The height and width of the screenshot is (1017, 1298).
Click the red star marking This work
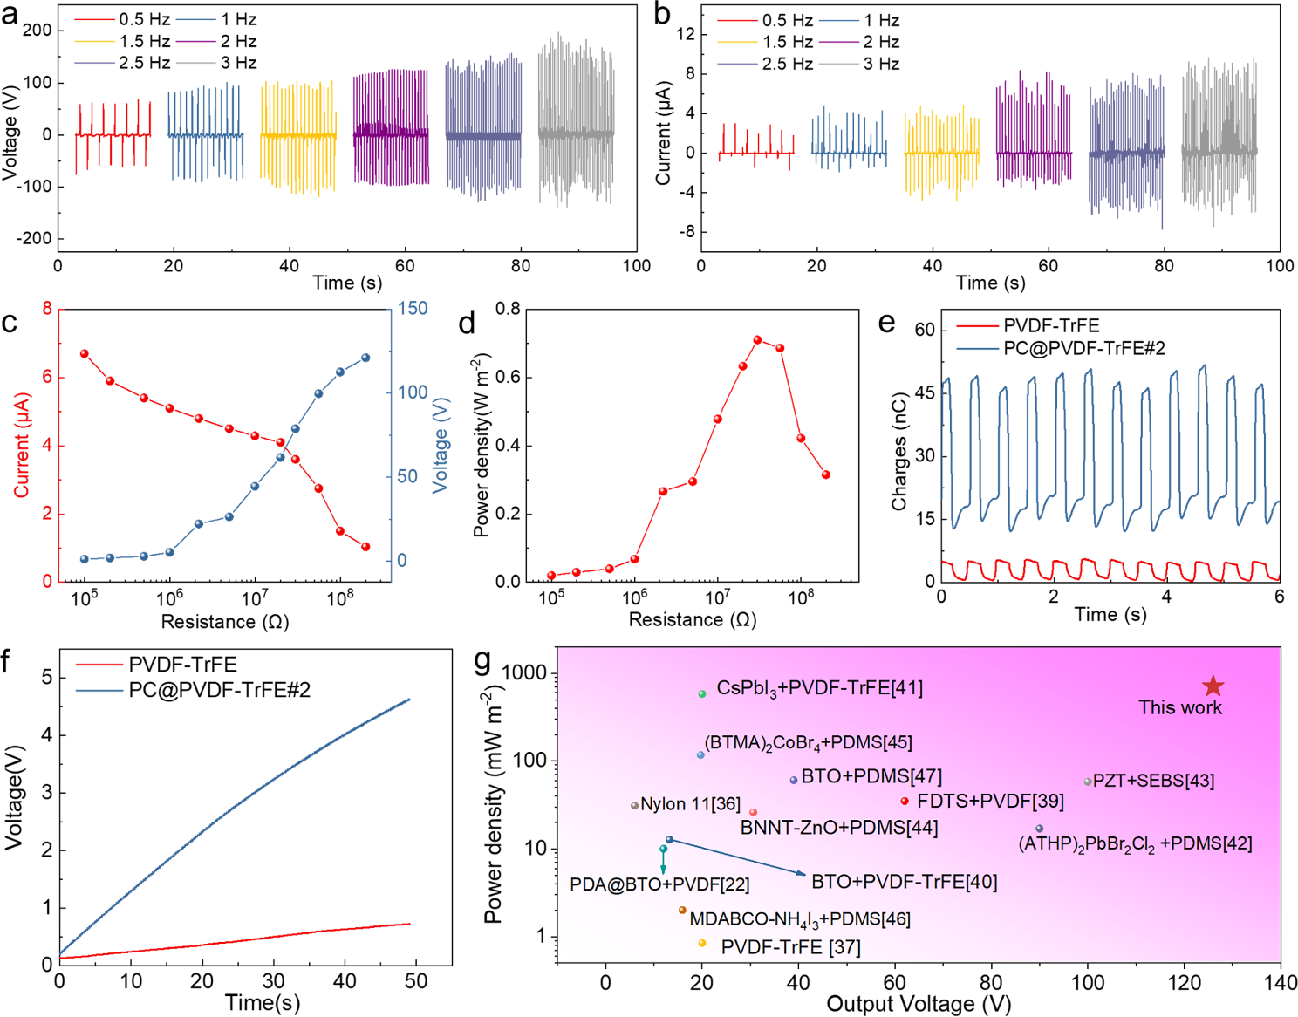point(1213,686)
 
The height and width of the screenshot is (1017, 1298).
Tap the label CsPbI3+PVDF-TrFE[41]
point(819,689)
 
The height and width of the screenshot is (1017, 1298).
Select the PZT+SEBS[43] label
point(1153,781)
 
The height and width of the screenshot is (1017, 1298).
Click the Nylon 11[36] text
point(690,804)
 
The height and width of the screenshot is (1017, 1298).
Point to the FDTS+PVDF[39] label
point(990,801)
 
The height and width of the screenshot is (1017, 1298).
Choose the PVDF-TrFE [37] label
point(790,947)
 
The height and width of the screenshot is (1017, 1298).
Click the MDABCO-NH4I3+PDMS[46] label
point(800,919)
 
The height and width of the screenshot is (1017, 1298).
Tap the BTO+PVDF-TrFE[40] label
point(904,882)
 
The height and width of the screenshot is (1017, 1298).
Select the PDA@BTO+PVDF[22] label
point(659,884)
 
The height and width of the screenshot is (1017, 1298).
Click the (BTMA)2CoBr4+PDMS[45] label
point(809,743)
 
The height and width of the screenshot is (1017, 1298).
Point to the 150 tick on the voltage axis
point(413,309)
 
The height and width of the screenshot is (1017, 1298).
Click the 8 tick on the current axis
point(47,309)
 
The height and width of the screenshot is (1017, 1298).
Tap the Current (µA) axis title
point(22,445)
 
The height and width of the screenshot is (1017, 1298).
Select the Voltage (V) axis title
point(441,446)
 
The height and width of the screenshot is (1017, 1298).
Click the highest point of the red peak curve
point(757,340)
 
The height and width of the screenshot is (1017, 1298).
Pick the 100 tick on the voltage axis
point(413,392)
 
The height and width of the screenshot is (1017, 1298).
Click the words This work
point(1179,707)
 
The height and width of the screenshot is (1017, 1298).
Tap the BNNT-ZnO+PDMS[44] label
point(839,828)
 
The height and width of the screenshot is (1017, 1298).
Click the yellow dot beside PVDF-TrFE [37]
point(702,943)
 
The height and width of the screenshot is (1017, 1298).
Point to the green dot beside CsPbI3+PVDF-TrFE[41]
point(702,693)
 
